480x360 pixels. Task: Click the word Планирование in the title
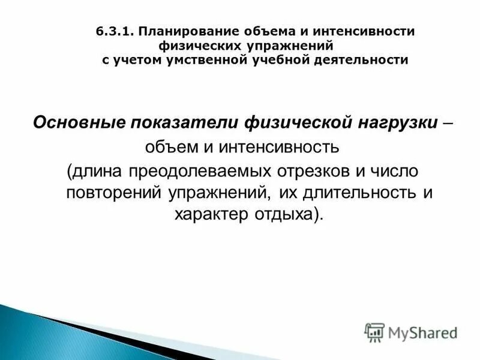[178, 31]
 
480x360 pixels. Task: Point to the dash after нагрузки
[448, 122]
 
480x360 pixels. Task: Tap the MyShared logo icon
[374, 332]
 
